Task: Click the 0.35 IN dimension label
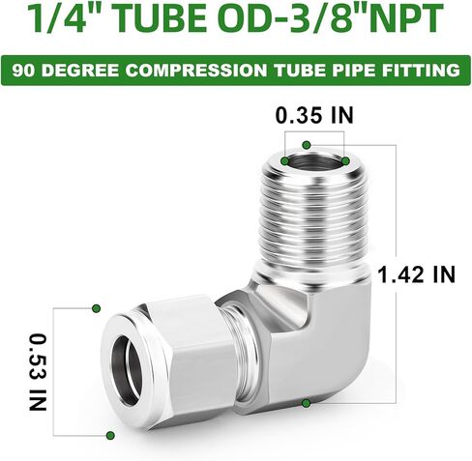[315, 115]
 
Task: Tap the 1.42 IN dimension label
[417, 274]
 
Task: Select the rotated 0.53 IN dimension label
[38, 372]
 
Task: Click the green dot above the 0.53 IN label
[96, 308]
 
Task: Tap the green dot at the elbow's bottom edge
[307, 402]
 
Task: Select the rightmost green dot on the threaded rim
[345, 159]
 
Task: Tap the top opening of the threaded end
[314, 161]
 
